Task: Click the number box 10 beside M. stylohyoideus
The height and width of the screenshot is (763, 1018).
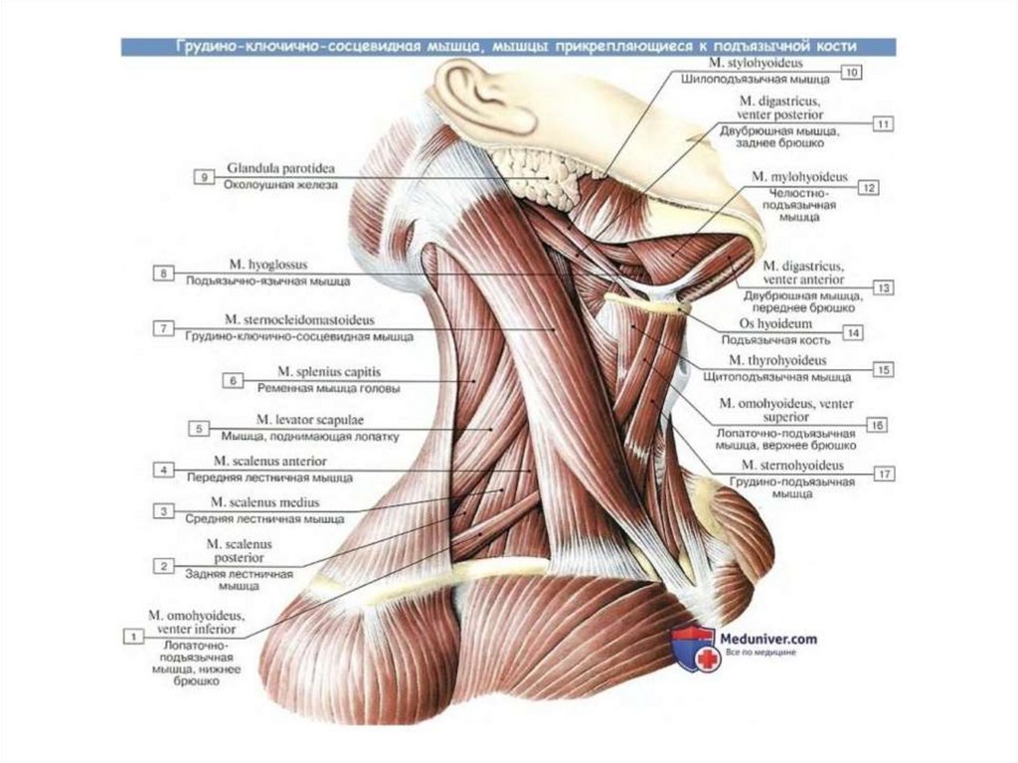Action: point(852,73)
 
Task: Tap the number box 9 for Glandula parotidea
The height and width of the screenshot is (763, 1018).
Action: point(204,177)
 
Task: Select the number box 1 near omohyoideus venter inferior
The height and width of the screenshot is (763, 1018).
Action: point(130,634)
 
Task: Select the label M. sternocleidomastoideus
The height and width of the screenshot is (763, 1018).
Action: point(298,321)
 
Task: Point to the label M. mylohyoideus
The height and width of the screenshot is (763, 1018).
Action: point(805,177)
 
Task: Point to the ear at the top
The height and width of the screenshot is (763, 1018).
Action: point(477,95)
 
